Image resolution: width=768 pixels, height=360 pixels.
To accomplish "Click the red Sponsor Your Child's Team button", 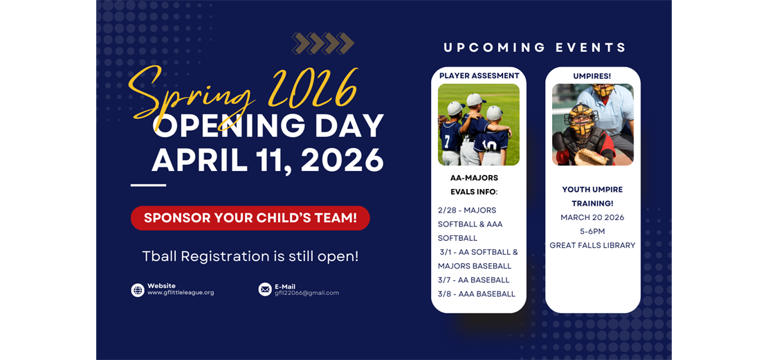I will coord(250,218).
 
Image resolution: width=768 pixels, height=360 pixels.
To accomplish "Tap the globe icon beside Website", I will coord(138,290).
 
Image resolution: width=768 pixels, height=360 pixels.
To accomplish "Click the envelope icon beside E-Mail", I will coord(265,289).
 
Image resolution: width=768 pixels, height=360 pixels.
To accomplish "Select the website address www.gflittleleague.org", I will coord(181,293).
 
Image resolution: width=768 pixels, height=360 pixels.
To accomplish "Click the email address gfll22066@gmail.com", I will coord(307,293).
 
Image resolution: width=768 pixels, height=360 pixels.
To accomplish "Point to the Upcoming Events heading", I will coord(535,48).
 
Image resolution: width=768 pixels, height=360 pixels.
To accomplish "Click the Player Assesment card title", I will coord(479,75).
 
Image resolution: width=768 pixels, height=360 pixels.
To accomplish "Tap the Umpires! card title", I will coord(592,75).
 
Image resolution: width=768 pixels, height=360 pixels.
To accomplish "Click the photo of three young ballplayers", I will coord(479,125).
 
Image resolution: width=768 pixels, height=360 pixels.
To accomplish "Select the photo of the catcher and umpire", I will coord(592,125).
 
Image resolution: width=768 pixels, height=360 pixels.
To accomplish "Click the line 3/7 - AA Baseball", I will coord(474,280).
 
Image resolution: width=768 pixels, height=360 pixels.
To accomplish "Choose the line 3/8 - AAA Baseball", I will coord(477,294).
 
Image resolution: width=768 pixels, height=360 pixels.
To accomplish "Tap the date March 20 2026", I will coord(592,217).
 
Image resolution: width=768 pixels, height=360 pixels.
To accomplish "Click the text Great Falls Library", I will coord(592,245).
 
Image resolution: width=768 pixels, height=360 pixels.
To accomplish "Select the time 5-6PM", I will coord(592,231).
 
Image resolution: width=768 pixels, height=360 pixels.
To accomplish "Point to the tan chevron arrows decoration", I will coord(323,44).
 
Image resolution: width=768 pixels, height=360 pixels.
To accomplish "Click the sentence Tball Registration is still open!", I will coord(250,256).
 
